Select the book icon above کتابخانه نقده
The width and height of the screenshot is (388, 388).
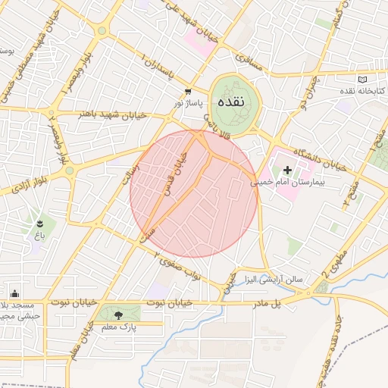pos(361,80)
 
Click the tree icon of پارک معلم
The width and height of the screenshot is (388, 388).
pos(117,314)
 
